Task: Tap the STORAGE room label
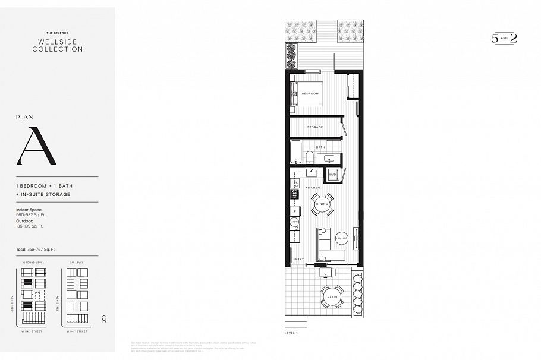pos(314,127)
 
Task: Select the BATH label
pos(320,147)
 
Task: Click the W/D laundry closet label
pos(332,175)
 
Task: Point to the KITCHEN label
pos(313,187)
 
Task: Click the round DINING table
pos(322,204)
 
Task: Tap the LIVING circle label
pos(341,238)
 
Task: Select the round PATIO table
pos(332,296)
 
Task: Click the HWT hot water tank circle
pos(294,222)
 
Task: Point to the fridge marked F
pos(294,210)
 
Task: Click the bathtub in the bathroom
pos(296,151)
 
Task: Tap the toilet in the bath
pos(309,157)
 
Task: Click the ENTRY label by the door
pos(298,259)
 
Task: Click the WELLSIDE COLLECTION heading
pos(58,46)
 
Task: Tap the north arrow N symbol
pos(104,319)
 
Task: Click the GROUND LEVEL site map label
pos(33,262)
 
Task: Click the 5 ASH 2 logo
pos(504,38)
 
